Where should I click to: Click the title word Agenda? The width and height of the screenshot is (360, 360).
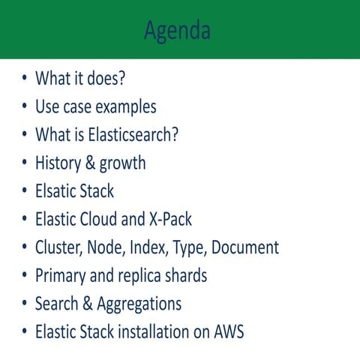click(x=178, y=31)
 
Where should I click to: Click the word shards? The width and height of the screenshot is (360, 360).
click(x=184, y=276)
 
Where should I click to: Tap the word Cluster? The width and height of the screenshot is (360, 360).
click(x=58, y=247)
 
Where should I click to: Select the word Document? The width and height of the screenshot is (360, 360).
click(x=243, y=247)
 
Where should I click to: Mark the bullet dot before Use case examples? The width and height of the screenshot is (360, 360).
click(x=25, y=107)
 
